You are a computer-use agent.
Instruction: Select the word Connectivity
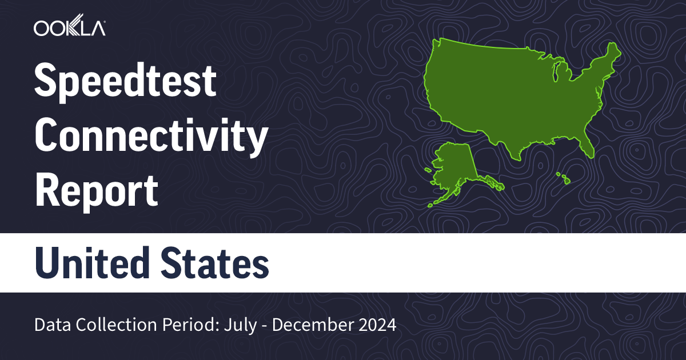151,138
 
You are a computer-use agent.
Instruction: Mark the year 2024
374,325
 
